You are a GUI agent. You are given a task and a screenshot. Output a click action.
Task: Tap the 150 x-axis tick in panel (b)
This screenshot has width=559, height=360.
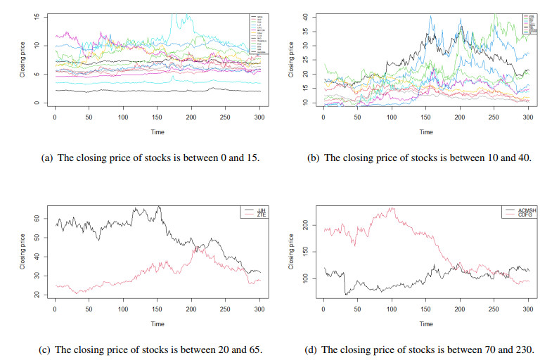pyautogui.click(x=426, y=117)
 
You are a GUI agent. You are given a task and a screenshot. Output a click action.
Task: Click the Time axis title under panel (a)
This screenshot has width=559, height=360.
pyautogui.click(x=158, y=131)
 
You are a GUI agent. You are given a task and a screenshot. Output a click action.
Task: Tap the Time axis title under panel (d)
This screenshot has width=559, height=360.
pyautogui.click(x=426, y=324)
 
